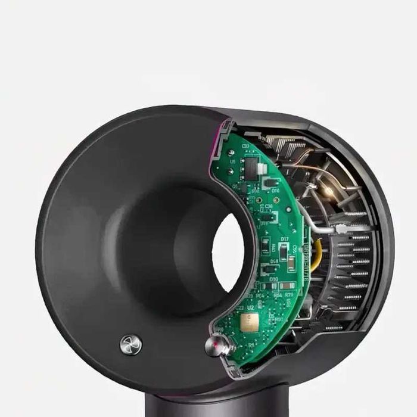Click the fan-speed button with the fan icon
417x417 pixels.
131,344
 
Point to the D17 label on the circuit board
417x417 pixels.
284,239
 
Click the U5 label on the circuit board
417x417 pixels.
232,161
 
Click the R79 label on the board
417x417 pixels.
288,294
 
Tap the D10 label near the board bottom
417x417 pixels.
274,278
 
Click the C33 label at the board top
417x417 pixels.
244,145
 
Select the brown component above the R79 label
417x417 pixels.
289,286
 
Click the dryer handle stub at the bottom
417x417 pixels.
197,399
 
